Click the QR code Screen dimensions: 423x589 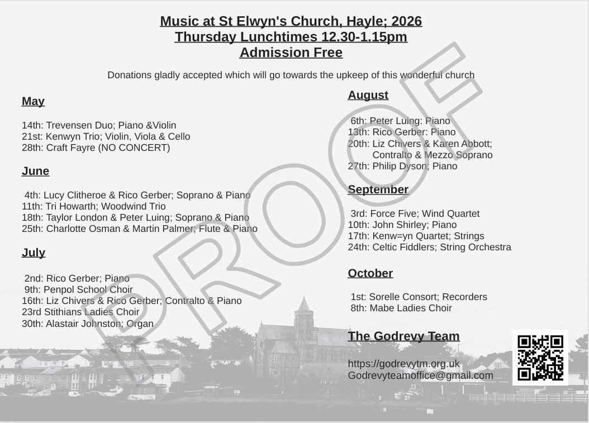tap(540, 358)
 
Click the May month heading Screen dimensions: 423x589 tap(33, 101)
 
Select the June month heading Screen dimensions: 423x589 tap(35, 171)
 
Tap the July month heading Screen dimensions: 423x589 tap(34, 253)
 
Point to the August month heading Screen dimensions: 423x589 tap(368, 95)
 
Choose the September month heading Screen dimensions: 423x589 tap(378, 189)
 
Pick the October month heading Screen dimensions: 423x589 tap(370, 273)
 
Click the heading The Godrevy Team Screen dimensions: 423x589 tap(403, 336)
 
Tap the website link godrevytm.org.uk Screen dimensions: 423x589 tap(403, 364)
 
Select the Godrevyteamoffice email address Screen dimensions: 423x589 tap(420, 376)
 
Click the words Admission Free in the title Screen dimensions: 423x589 tap(291, 53)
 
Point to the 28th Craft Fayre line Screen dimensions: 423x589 tap(96, 148)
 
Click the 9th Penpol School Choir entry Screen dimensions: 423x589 tap(79, 289)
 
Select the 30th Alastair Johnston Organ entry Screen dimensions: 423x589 tap(88, 324)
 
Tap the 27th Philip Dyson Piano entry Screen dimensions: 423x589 tap(402, 166)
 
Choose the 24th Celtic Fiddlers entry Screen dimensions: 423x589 tap(429, 247)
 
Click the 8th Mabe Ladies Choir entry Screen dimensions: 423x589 tap(401, 308)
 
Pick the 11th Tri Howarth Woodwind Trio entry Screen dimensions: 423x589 tap(94, 206)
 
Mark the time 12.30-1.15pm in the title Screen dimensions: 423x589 tap(364, 37)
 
